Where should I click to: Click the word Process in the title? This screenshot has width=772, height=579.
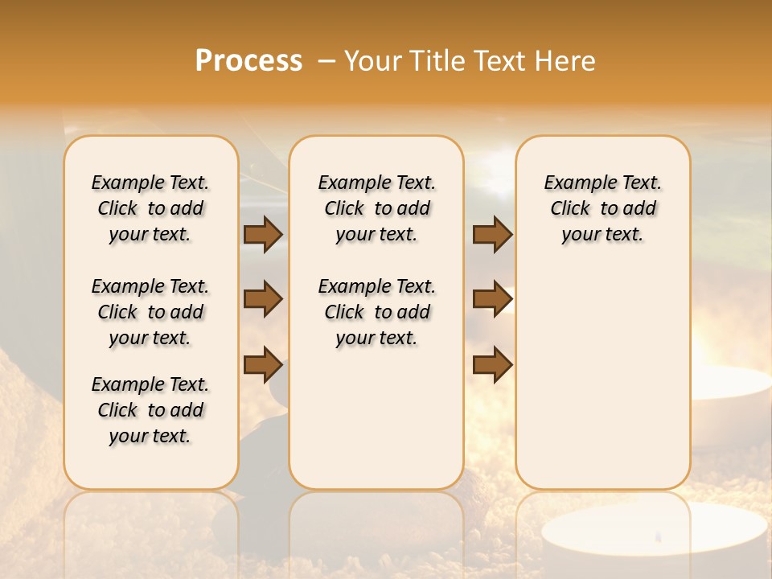click(248, 61)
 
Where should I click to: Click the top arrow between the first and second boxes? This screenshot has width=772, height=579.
click(263, 235)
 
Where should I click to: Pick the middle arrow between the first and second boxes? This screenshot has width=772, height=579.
click(263, 300)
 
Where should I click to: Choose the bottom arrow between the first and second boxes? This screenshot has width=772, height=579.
click(263, 365)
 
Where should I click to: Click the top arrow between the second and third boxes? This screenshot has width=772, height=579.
click(492, 235)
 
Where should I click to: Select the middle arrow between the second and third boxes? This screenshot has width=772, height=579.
click(492, 300)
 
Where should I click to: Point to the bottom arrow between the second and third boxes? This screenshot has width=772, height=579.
click(492, 365)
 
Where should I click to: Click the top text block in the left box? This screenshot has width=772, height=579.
click(150, 208)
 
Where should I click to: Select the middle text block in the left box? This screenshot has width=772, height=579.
click(150, 312)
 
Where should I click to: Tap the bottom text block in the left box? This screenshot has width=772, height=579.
click(150, 410)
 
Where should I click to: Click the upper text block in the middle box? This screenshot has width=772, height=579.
click(377, 208)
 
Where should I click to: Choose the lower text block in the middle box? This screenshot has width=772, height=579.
click(377, 312)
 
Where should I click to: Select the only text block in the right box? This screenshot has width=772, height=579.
click(603, 208)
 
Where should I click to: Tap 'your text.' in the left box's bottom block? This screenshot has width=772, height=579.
click(150, 436)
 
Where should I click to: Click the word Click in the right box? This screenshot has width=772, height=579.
click(570, 209)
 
